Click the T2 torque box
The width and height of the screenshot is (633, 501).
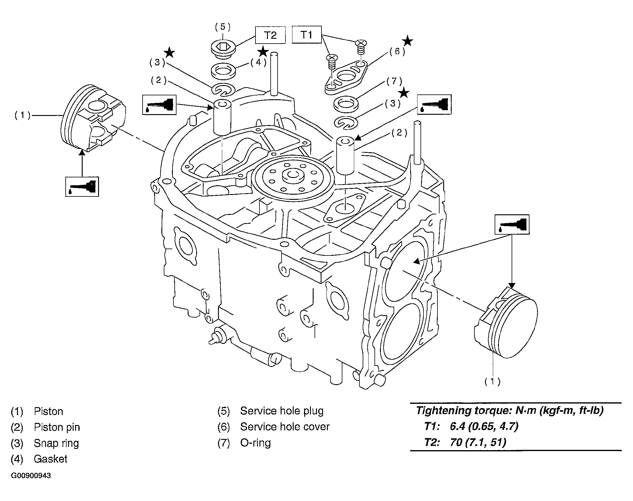[x=270, y=35]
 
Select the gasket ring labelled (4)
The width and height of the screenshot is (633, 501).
[x=223, y=71]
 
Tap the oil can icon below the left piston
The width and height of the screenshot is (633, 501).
[x=82, y=186]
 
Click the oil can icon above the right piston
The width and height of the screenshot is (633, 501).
[x=512, y=224]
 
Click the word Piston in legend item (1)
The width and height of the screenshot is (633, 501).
[x=48, y=411]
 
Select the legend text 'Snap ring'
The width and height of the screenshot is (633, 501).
[x=56, y=443]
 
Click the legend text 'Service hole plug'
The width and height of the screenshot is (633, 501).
[x=282, y=411]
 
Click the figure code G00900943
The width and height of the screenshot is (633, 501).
[x=31, y=476]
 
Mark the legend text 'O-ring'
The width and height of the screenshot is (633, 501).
[x=256, y=443]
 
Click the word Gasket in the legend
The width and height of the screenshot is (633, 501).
[x=51, y=459]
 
